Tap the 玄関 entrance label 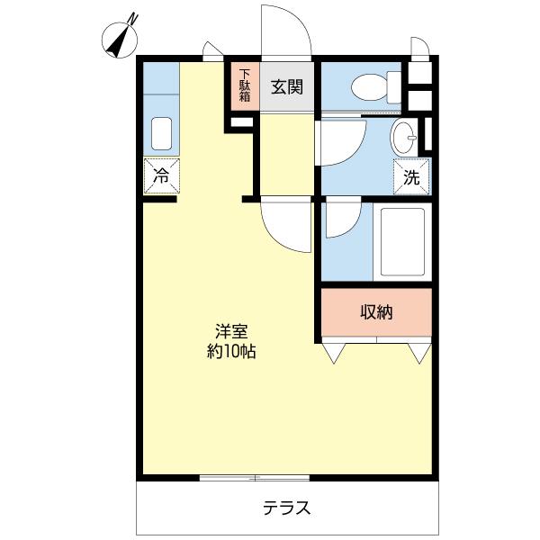287,87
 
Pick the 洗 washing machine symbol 411,177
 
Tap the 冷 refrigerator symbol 161,176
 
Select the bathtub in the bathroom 403,243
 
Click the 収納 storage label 376,312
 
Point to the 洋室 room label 230,329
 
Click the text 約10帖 230,351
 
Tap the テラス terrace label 287,508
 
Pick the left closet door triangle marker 335,353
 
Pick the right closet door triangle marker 418,353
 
